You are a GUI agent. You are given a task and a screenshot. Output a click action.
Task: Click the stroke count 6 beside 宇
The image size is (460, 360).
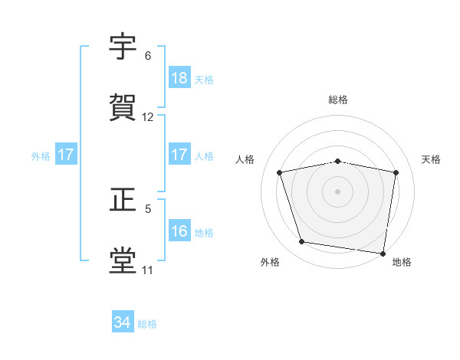(x=148, y=56)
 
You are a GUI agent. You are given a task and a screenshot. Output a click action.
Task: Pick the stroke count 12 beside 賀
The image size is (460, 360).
(x=148, y=117)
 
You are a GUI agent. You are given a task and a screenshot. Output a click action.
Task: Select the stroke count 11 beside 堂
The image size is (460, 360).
(x=148, y=270)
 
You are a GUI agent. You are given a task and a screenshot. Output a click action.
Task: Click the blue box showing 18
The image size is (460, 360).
(x=179, y=78)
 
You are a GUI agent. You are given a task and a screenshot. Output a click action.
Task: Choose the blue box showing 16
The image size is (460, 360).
(x=179, y=231)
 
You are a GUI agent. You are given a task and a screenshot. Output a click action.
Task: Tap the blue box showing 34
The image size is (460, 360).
(x=123, y=322)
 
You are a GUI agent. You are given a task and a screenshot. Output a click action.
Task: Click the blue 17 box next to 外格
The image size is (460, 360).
(x=66, y=155)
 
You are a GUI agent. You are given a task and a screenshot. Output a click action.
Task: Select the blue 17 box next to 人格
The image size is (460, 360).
(x=179, y=155)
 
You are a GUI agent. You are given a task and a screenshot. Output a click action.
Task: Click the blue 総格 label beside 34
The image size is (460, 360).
(x=147, y=324)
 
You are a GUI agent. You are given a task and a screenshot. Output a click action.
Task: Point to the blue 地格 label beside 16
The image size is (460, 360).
(x=204, y=232)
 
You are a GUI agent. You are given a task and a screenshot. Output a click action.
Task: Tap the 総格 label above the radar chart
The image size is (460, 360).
(x=338, y=100)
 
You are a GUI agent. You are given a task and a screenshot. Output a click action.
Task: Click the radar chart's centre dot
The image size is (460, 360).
(x=338, y=191)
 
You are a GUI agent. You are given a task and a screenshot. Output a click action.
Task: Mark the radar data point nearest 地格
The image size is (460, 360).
(x=383, y=253)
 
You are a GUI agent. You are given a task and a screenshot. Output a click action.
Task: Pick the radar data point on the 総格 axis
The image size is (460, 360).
(x=338, y=161)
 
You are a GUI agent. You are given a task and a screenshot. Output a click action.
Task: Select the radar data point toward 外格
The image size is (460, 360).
(x=302, y=242)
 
